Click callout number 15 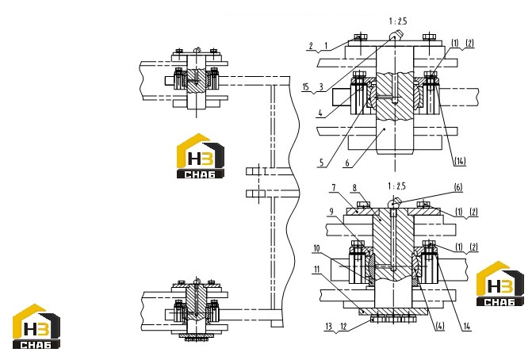coord(306,87)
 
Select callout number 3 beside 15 coord(321,87)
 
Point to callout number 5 coord(321,163)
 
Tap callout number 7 coord(334,187)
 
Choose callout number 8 coord(354,188)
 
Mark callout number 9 coord(331,212)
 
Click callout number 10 coord(316,248)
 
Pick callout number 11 coord(317,270)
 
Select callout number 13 coord(328,327)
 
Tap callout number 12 coord(343,327)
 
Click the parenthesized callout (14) coord(460,161)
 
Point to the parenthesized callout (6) coord(458,187)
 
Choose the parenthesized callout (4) coord(439,327)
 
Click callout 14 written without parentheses coord(467,327)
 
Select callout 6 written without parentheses coord(347,163)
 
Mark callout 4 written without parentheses coord(320,113)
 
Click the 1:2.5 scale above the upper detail coord(398,21)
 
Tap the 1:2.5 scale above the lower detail coord(396,186)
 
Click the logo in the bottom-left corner coord(36,327)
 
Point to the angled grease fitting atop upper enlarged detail coord(396,34)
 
